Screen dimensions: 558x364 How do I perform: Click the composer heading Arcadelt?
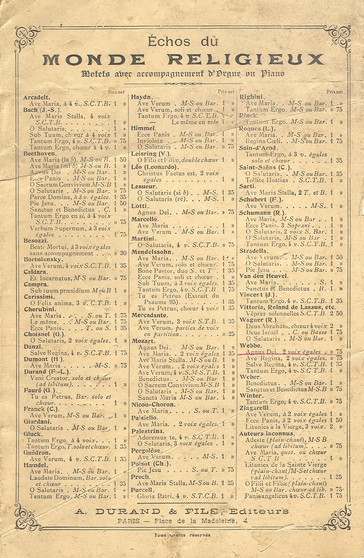36,97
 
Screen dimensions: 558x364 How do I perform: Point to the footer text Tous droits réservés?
182,535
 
